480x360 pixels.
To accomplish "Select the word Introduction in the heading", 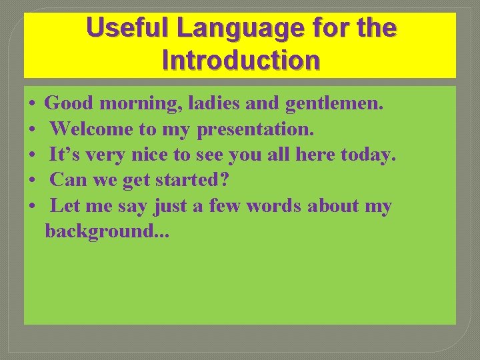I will click(241, 60).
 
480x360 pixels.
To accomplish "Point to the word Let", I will click(65, 206).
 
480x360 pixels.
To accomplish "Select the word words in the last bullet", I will click(274, 206).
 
